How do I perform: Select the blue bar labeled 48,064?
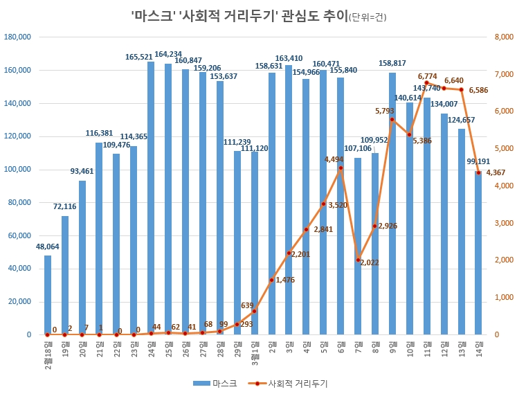(48, 295)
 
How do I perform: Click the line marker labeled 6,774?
(426, 83)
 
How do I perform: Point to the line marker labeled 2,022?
(358, 260)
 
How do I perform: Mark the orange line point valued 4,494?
(341, 168)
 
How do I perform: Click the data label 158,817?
(392, 64)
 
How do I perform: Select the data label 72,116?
(64, 207)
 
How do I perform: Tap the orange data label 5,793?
(385, 111)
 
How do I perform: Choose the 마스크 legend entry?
(215, 383)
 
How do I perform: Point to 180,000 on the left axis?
(17, 37)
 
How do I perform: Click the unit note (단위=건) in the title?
(368, 17)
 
